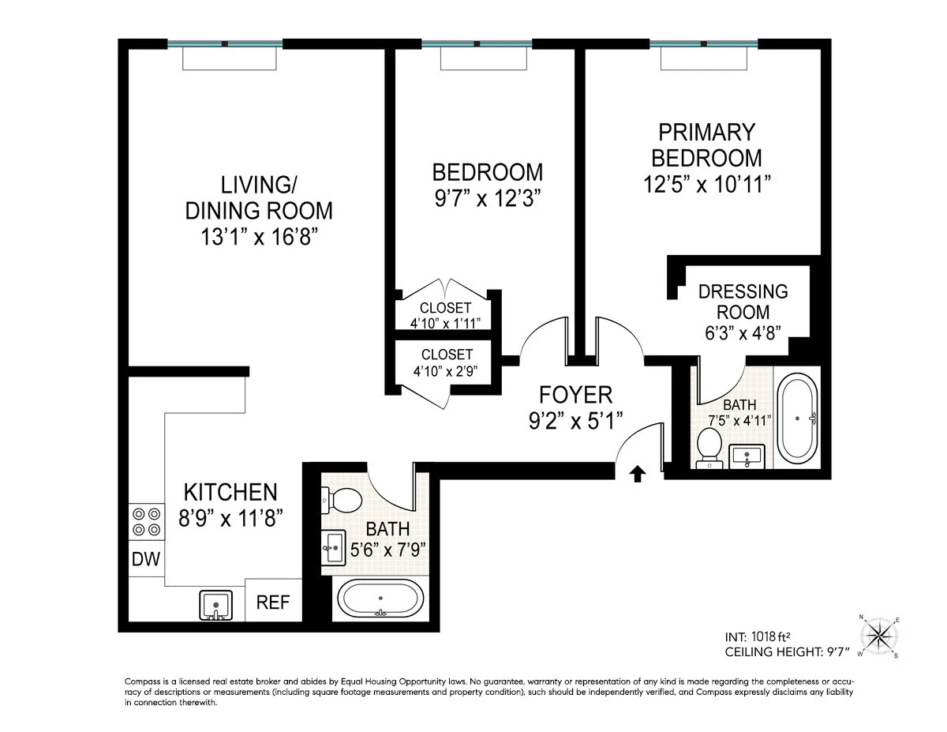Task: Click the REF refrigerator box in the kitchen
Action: click(x=274, y=602)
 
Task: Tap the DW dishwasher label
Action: click(x=145, y=560)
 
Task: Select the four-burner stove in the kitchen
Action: click(x=145, y=522)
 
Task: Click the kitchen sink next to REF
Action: click(x=215, y=604)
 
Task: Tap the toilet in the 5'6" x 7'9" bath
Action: click(x=342, y=499)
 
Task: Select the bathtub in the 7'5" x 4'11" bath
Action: click(x=799, y=418)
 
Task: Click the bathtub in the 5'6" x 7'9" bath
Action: click(x=380, y=599)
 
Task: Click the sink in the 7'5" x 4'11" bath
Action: click(x=747, y=455)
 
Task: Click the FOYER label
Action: click(x=575, y=394)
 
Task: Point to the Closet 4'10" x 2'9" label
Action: click(x=447, y=362)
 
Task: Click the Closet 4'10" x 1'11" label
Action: click(x=446, y=315)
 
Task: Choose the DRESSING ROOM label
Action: click(x=743, y=301)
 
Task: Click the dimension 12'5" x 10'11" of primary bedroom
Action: click(x=706, y=183)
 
